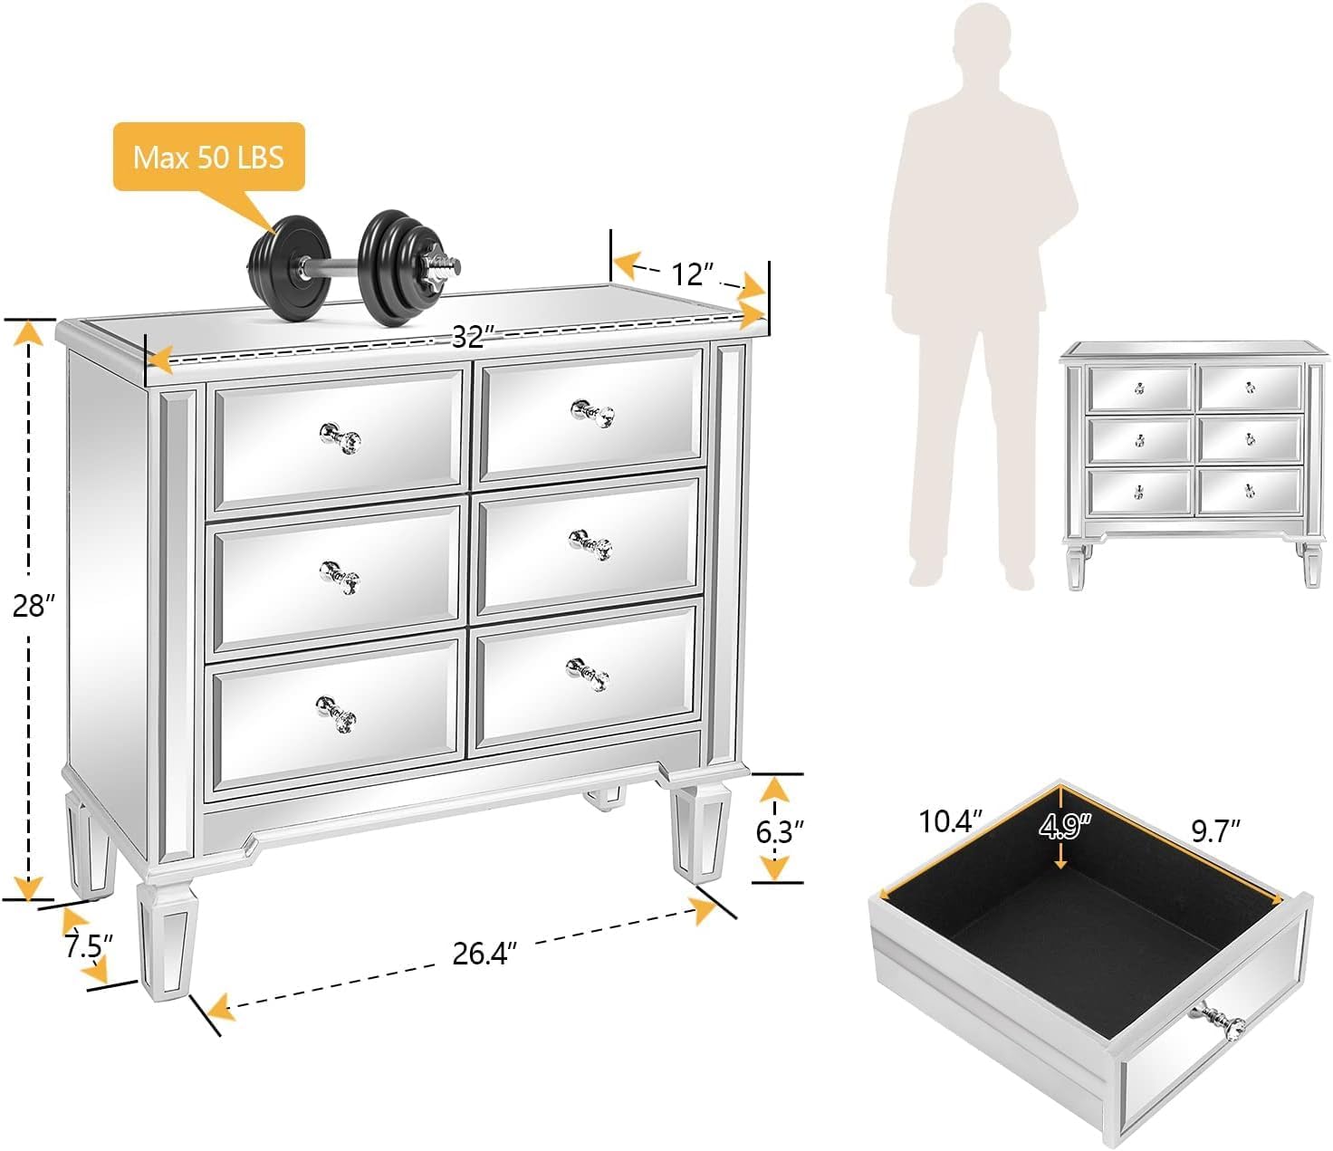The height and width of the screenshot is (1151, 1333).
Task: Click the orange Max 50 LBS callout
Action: pyautogui.click(x=208, y=157)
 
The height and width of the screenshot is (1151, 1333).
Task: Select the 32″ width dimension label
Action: pyautogui.click(x=469, y=337)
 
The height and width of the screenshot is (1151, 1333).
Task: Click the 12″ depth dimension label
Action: pyautogui.click(x=693, y=272)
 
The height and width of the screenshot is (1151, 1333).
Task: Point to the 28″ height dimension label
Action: pyautogui.click(x=34, y=606)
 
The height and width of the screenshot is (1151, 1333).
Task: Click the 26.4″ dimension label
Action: pyautogui.click(x=484, y=953)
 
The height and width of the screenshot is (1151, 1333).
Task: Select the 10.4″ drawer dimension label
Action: pyautogui.click(x=950, y=821)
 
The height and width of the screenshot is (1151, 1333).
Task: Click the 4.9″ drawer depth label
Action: pyautogui.click(x=1065, y=827)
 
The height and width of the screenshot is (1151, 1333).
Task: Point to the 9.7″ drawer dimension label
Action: pyautogui.click(x=1215, y=830)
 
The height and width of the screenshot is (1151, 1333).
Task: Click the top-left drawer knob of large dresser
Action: pyautogui.click(x=340, y=437)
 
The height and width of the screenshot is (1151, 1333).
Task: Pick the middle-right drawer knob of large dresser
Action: pyautogui.click(x=590, y=545)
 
